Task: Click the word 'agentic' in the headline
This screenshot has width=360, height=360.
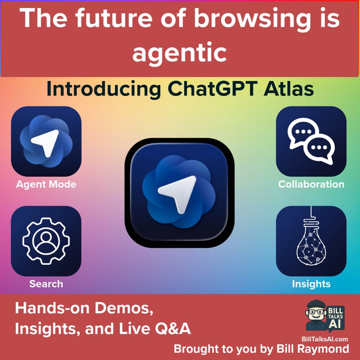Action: pyautogui.click(x=180, y=53)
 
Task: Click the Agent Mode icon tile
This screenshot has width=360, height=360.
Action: pyautogui.click(x=46, y=141)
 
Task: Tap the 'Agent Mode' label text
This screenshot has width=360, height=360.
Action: pyautogui.click(x=46, y=184)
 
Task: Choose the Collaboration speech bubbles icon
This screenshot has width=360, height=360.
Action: pyautogui.click(x=310, y=141)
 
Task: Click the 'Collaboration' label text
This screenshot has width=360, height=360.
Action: pyautogui.click(x=311, y=184)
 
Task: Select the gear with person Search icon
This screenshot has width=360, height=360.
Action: pyautogui.click(x=46, y=241)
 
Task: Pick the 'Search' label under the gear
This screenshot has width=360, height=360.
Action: pyautogui.click(x=46, y=284)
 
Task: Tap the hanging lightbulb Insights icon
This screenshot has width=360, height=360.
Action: pyautogui.click(x=310, y=241)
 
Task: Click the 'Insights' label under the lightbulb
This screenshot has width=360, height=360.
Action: pyautogui.click(x=311, y=284)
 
